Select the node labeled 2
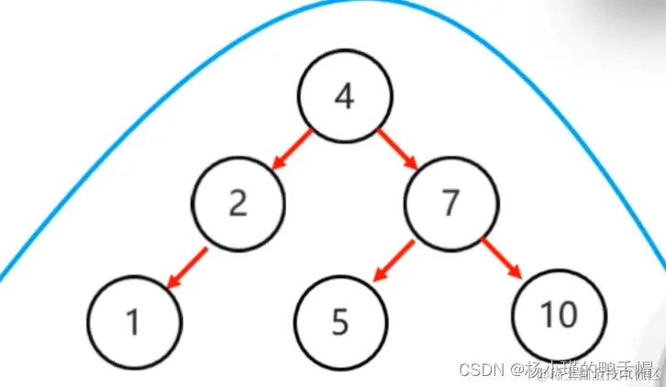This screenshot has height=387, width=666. (239, 203)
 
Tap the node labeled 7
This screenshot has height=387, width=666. (450, 203)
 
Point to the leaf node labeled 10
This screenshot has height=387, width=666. (558, 315)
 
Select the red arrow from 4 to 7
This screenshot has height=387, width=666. (396, 149)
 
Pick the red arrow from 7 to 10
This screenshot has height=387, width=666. (501, 259)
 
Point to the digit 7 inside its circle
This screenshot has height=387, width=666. (450, 203)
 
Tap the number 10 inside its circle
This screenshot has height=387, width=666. (558, 315)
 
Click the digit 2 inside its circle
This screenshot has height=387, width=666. (239, 203)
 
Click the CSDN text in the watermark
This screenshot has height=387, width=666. (484, 370)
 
